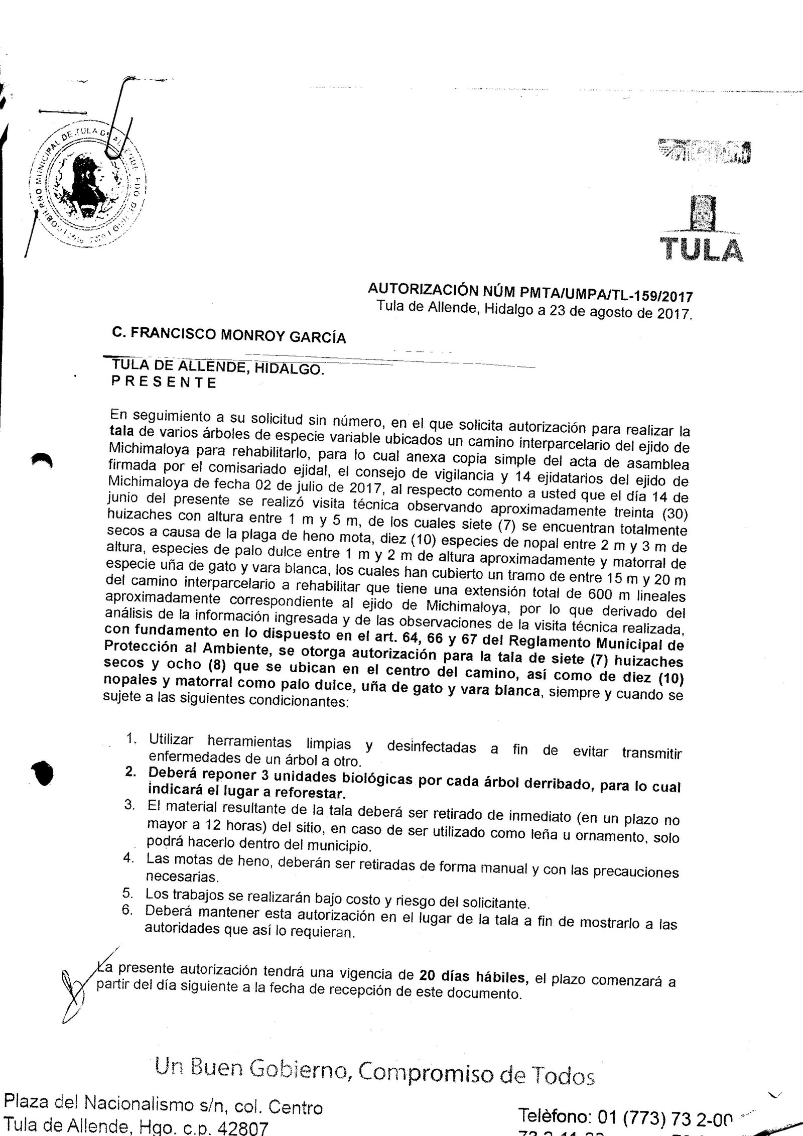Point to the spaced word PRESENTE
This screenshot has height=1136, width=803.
pyautogui.click(x=164, y=383)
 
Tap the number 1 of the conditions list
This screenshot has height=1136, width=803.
pyautogui.click(x=131, y=739)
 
